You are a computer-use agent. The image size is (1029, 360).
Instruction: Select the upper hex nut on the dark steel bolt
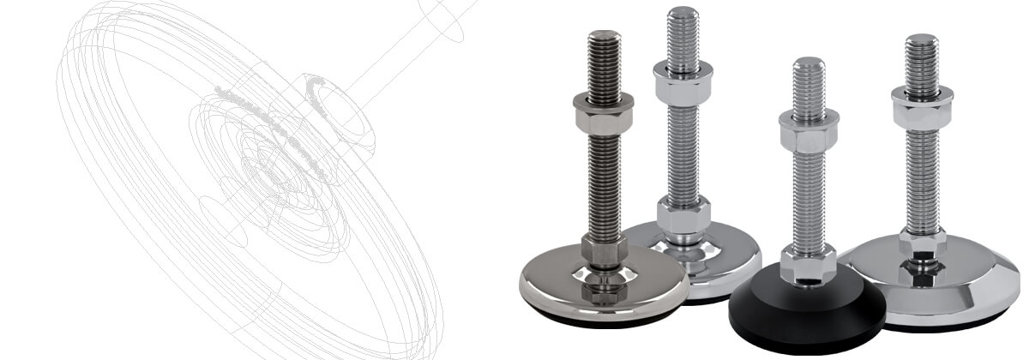604,113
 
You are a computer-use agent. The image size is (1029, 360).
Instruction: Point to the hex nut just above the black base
808,263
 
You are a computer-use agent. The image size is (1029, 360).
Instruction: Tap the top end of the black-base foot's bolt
809,63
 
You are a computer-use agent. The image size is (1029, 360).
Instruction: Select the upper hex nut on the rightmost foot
922,105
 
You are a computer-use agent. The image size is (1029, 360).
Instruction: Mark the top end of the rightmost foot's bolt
922,39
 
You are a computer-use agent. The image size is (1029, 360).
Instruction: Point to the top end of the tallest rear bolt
683,11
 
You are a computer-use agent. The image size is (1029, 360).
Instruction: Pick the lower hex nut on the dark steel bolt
604,250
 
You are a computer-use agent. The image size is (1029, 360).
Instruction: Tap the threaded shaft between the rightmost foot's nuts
922,176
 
